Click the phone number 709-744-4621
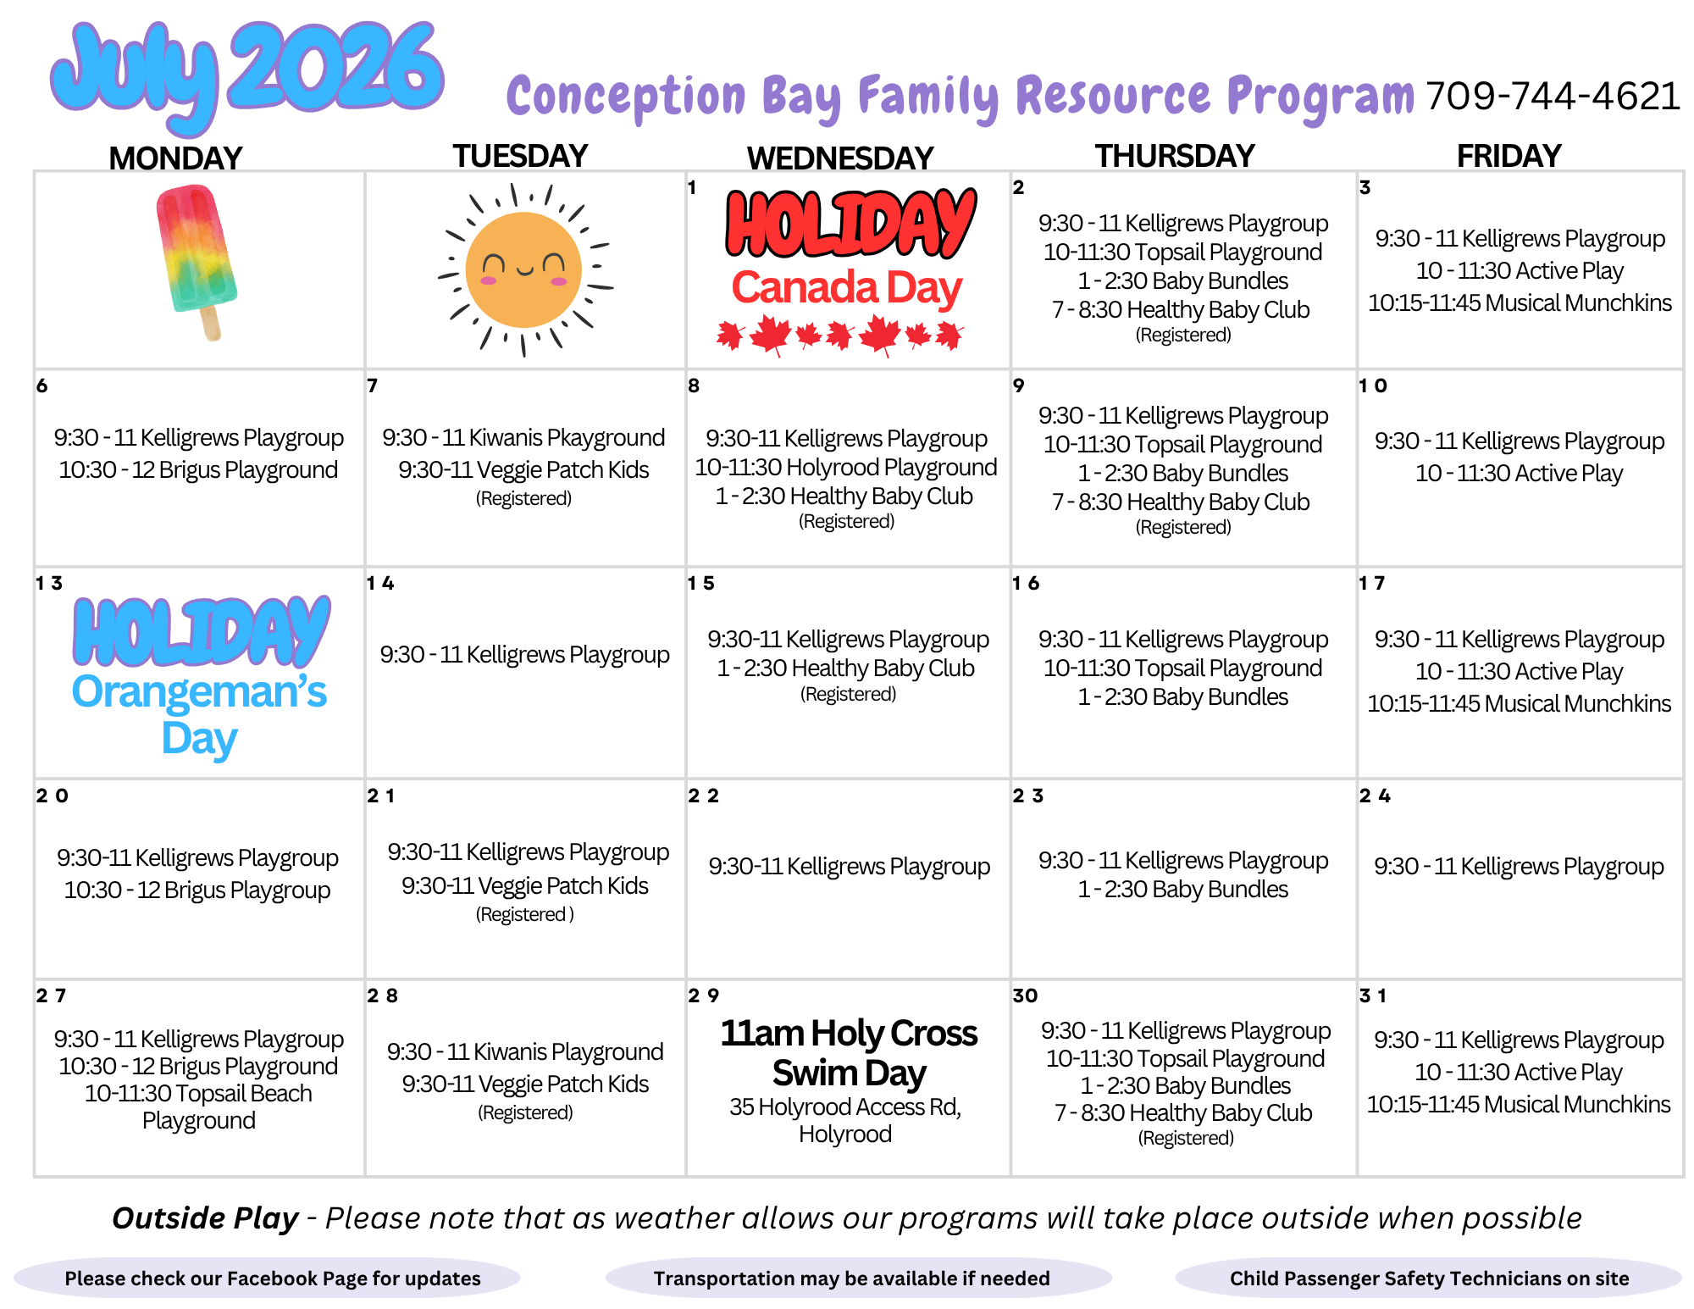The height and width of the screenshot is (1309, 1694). click(1553, 97)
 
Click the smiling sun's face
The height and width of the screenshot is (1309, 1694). click(524, 269)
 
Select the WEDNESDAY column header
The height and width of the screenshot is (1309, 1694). click(839, 158)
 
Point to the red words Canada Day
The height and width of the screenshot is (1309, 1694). click(847, 288)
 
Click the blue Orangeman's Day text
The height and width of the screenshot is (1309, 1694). click(199, 715)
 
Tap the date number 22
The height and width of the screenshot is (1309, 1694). click(703, 796)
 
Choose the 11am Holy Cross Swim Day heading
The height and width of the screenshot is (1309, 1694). click(849, 1052)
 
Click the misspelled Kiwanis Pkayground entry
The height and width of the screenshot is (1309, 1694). click(523, 438)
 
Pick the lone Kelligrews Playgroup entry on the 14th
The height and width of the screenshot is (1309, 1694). click(524, 655)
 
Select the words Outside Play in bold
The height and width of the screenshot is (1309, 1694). click(205, 1217)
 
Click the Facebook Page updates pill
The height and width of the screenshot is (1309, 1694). click(267, 1278)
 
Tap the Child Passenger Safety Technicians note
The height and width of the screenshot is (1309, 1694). click(1429, 1278)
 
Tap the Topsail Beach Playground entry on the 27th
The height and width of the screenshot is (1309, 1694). click(198, 1107)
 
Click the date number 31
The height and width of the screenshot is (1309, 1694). click(1373, 996)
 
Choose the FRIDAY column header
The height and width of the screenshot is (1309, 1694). click(1509, 156)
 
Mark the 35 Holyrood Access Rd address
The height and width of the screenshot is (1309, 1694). click(845, 1120)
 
